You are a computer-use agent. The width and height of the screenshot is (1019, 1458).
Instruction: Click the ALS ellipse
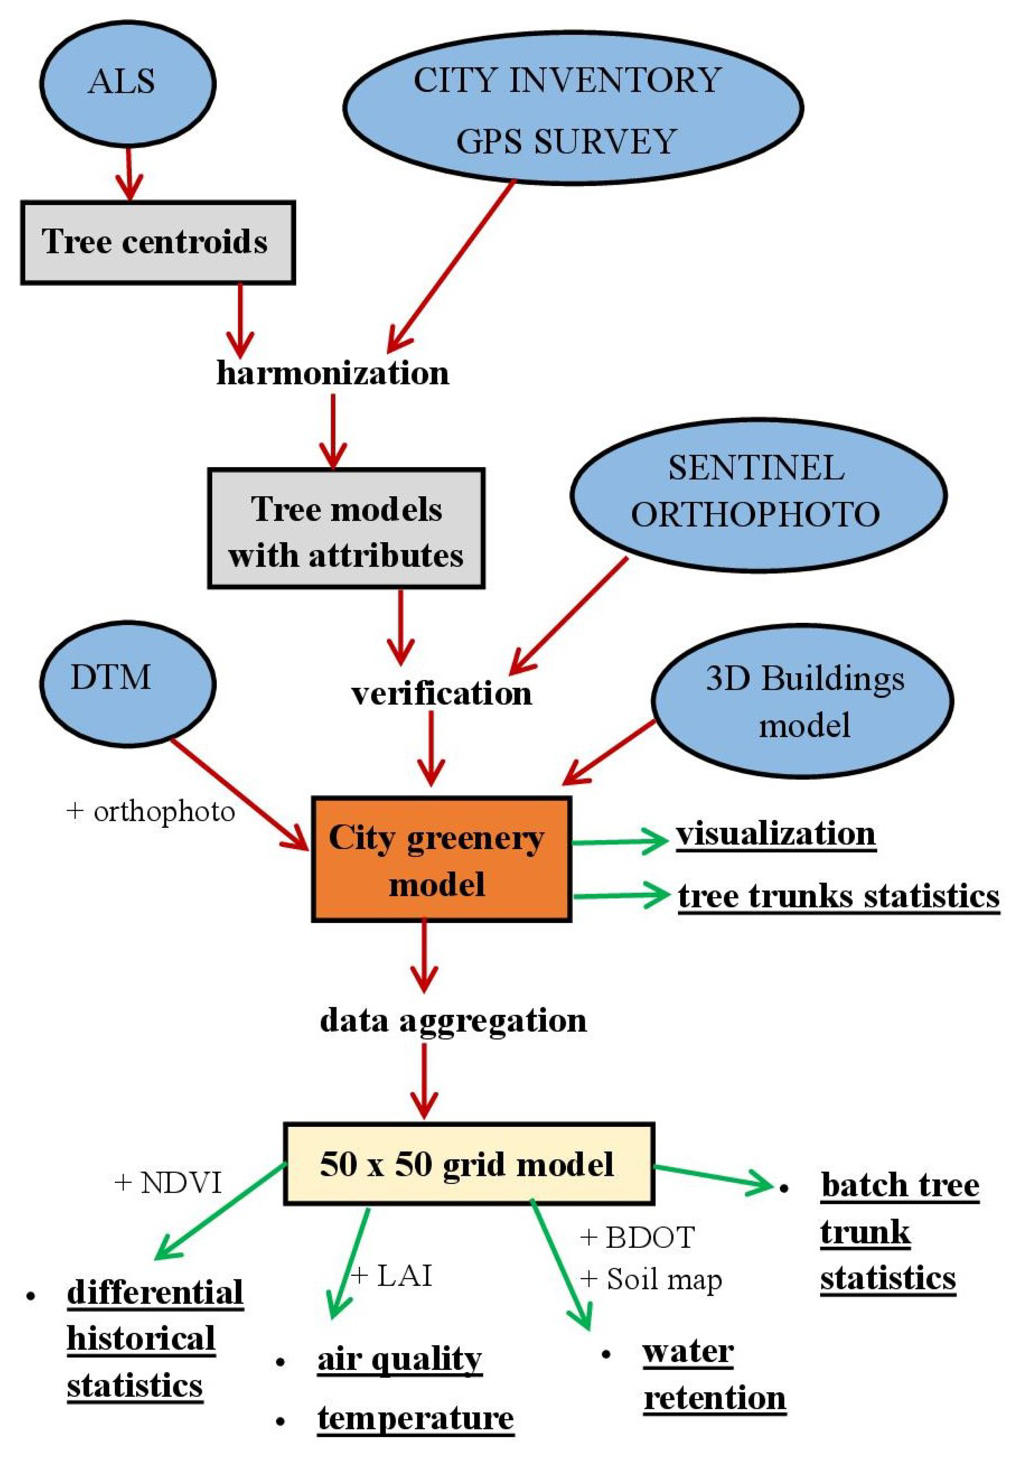point(127,82)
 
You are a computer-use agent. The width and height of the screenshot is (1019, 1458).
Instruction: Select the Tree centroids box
point(157,242)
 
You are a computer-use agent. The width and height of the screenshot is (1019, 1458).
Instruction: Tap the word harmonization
point(333,373)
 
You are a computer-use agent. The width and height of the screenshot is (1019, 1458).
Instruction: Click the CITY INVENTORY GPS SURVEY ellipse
point(573,108)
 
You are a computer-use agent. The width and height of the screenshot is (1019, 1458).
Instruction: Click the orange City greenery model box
point(441,859)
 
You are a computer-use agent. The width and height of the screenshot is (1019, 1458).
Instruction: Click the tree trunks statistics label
point(838,895)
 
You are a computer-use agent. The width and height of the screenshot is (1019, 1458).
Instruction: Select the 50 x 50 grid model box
point(468,1163)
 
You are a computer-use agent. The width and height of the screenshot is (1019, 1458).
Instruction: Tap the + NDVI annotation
point(168,1182)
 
